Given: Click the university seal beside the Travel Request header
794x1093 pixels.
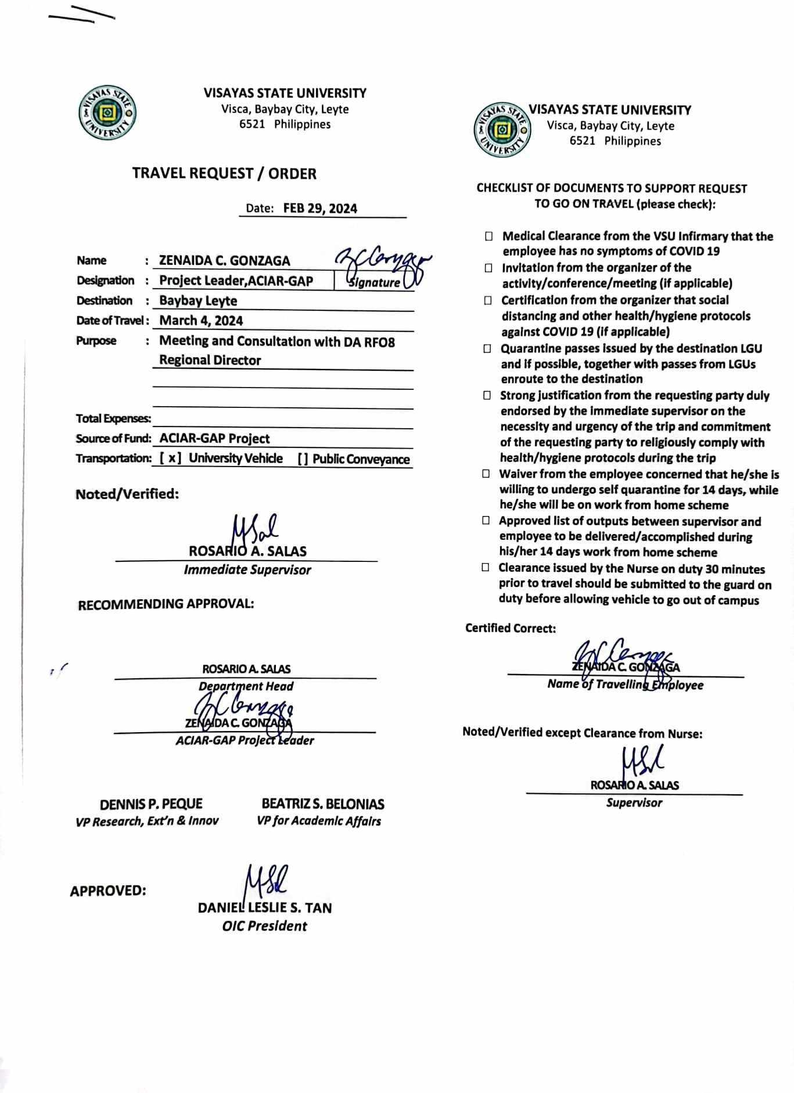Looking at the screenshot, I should coord(107,113).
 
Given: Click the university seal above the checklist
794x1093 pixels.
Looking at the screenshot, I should coord(502,130).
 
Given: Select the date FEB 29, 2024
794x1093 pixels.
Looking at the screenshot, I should coord(320,209).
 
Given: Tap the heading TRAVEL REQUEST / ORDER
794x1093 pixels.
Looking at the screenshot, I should coord(224,174).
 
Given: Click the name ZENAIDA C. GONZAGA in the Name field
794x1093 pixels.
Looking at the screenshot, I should coord(224,261).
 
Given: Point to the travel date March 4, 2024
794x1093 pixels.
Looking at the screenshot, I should coord(201,321).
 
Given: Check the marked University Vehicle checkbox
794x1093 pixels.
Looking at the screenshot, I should coord(171,458).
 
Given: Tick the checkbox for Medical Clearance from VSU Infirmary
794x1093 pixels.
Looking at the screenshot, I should coord(489,236).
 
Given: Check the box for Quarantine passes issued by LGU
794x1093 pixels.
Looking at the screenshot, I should coord(487,349).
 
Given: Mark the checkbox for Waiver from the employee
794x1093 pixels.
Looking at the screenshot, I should coord(486,474).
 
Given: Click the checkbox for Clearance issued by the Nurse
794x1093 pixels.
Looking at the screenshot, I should coord(486,568).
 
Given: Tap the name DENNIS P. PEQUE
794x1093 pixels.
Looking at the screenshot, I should coord(151,804).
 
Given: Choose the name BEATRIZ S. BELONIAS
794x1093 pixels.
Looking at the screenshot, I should coord(322,804).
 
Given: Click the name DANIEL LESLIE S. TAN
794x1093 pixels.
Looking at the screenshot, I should coord(265,908).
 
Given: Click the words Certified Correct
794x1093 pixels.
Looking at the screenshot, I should coord(510,628).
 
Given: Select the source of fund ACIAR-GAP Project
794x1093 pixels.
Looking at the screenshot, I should coord(214,439).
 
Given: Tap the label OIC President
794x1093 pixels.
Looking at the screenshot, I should coord(264,926).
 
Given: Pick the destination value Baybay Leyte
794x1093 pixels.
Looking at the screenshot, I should coord(198,301).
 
